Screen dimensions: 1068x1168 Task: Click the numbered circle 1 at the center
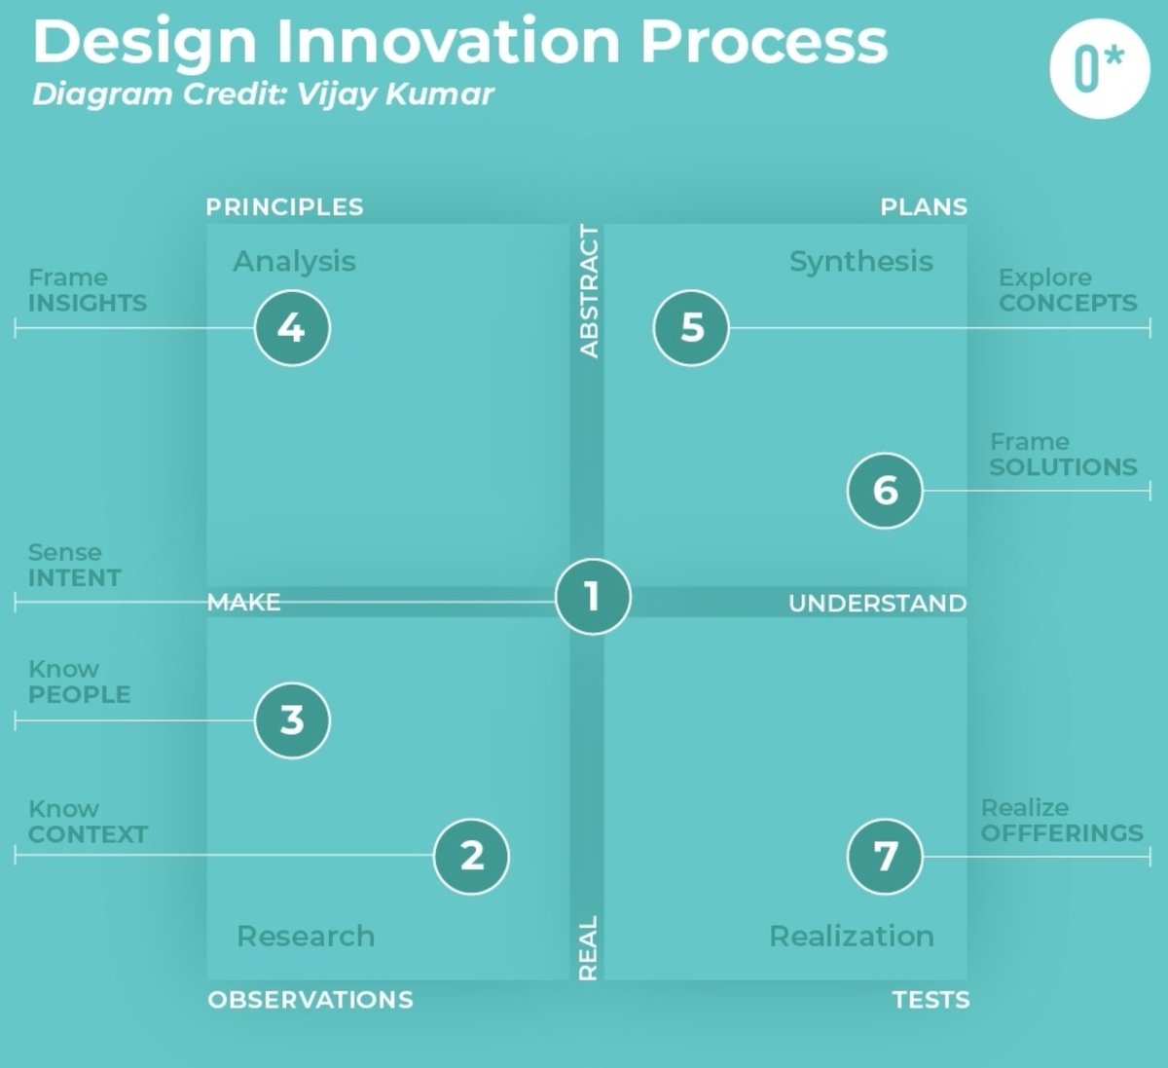(593, 596)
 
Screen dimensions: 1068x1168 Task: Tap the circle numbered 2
(471, 856)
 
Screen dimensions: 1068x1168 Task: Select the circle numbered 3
(292, 720)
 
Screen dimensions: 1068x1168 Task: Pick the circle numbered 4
(292, 328)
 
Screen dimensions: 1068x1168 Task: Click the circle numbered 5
(691, 328)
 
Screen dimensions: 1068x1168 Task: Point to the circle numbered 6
(885, 490)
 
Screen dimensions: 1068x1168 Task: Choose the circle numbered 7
(885, 856)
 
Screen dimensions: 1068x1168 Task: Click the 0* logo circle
(1099, 68)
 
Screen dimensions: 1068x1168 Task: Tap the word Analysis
(294, 261)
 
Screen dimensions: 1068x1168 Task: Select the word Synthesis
(860, 261)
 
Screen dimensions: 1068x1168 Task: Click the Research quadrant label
(306, 936)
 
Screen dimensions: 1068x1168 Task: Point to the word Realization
(852, 936)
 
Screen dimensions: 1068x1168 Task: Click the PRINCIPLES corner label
(284, 206)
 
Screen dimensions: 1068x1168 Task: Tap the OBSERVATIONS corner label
(310, 999)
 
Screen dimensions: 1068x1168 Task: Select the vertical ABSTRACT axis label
(589, 291)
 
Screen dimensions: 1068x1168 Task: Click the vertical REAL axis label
(588, 947)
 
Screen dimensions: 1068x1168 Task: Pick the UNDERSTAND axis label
(877, 604)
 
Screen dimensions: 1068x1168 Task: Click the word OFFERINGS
(1062, 833)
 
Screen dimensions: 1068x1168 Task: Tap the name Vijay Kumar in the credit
(395, 94)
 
